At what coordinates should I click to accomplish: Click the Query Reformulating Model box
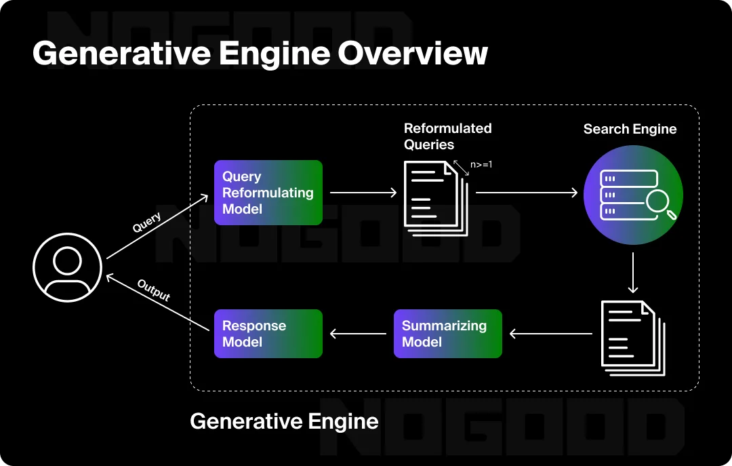click(268, 193)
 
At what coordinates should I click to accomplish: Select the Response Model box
click(268, 334)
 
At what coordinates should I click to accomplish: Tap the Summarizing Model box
click(447, 334)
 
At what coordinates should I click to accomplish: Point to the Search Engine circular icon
click(632, 195)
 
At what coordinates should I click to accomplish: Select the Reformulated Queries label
click(447, 136)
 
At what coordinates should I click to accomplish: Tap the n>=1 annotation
click(481, 164)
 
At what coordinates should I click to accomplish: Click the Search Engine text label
click(630, 129)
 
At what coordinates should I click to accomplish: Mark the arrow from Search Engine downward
click(632, 272)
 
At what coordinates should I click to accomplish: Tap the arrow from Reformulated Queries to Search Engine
click(526, 193)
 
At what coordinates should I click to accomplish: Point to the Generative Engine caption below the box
click(283, 421)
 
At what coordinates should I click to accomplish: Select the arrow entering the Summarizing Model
click(550, 334)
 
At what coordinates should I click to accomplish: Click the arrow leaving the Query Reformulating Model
click(363, 193)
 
